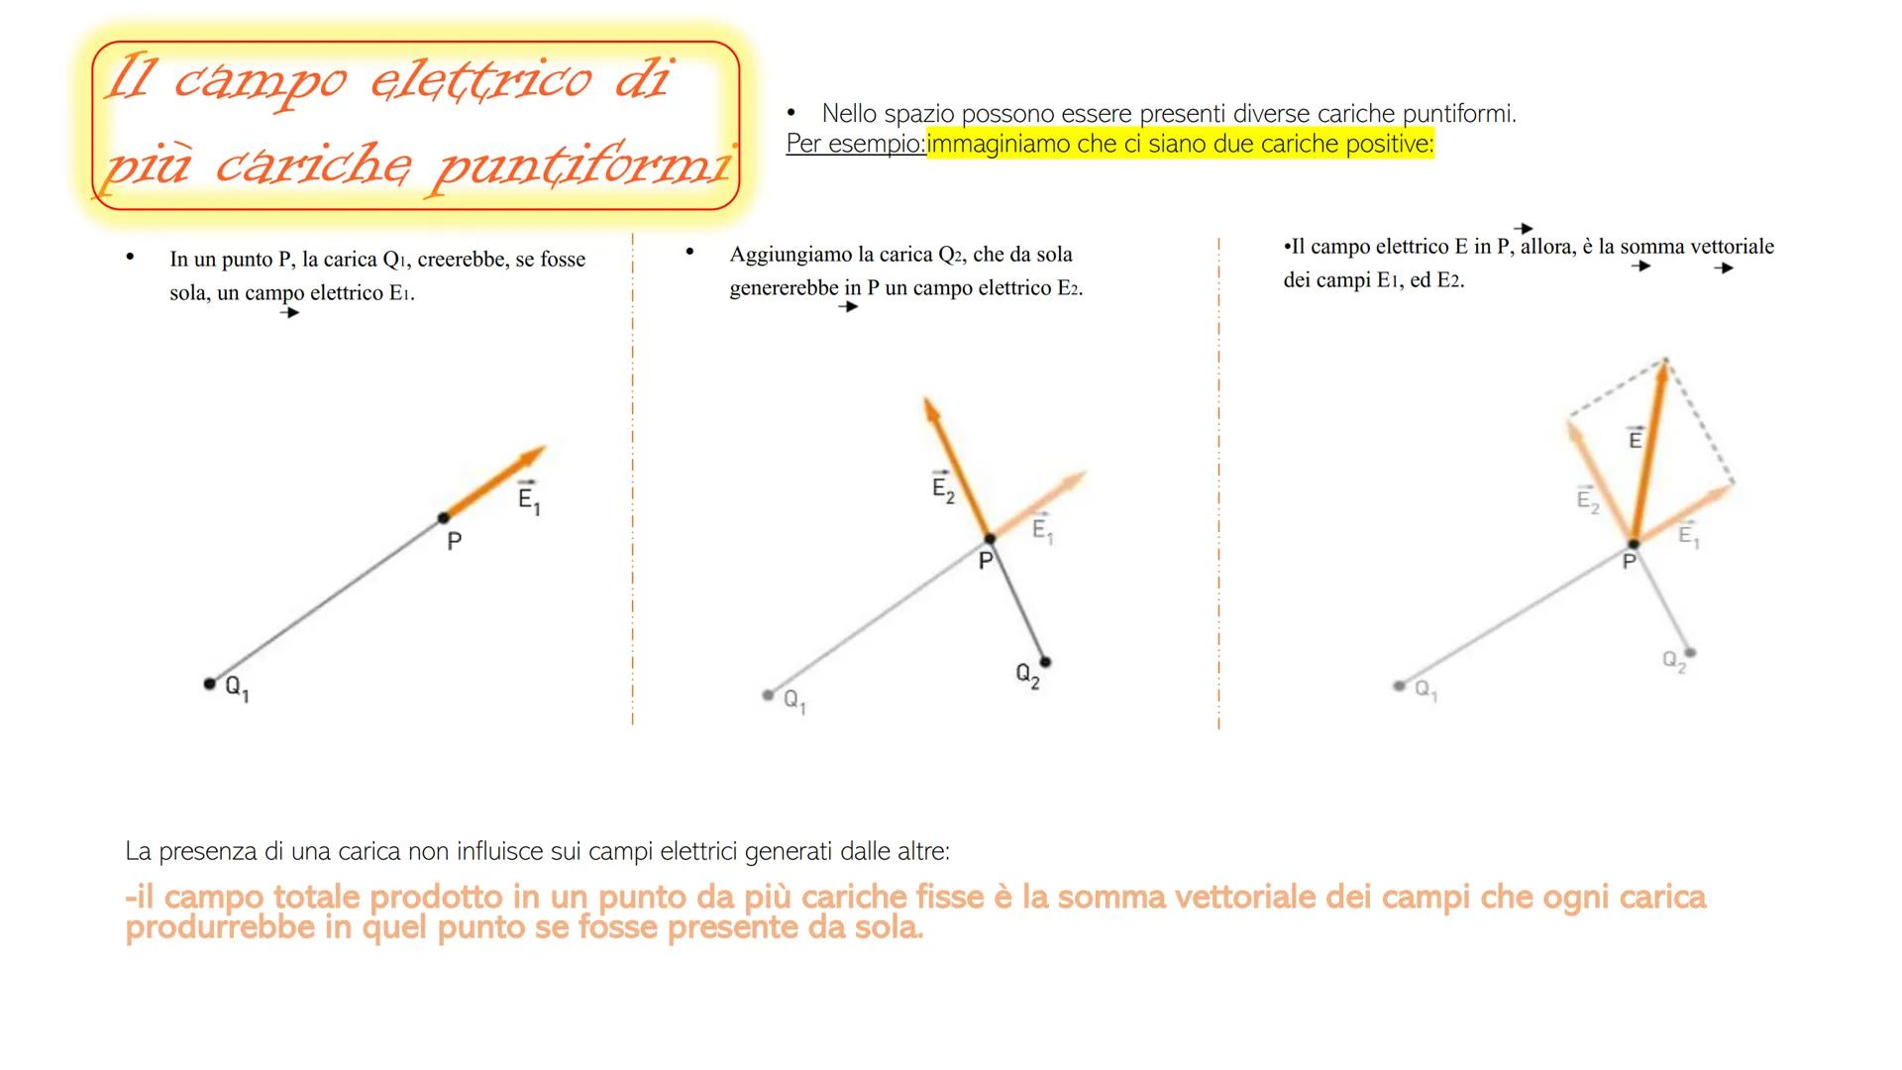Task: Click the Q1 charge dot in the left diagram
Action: [209, 684]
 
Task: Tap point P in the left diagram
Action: [443, 517]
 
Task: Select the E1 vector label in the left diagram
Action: [529, 499]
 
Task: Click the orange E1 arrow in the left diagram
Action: [495, 481]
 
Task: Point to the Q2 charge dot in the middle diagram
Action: [1045, 661]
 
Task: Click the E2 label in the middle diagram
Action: [943, 487]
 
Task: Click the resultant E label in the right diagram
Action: [1636, 438]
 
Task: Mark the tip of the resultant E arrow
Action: [1665, 363]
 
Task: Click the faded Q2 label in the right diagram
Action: [1673, 662]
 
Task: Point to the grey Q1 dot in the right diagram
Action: [1399, 685]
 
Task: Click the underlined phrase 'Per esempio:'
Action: [855, 145]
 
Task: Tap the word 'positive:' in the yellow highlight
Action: [1388, 145]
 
